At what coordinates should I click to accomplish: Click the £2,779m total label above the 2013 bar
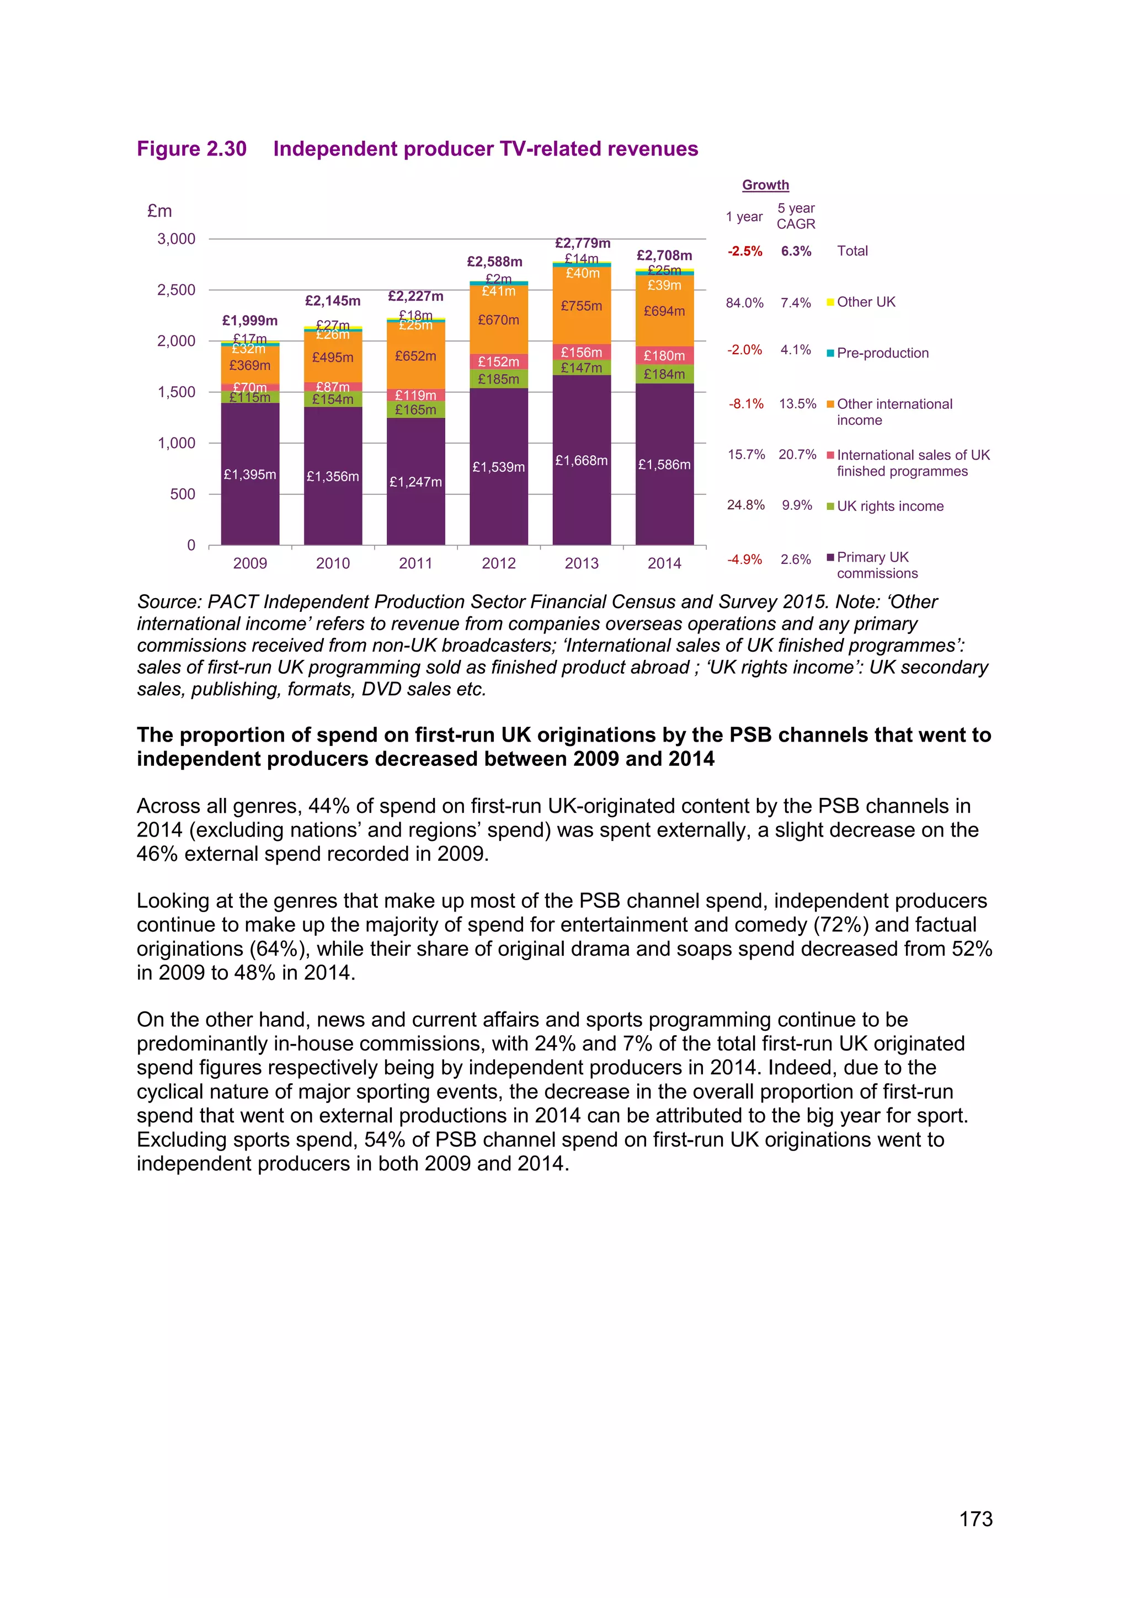(x=583, y=243)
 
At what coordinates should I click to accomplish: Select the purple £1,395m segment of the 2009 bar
(x=250, y=474)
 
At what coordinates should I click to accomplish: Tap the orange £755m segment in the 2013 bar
(x=582, y=306)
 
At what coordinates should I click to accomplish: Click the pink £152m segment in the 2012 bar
(x=498, y=362)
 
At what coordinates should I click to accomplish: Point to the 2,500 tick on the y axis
(x=176, y=290)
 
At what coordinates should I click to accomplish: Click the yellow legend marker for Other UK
(x=830, y=302)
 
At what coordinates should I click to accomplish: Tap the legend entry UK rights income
(x=890, y=506)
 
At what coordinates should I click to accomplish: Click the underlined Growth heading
(x=765, y=185)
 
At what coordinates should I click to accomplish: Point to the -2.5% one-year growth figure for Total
(x=744, y=251)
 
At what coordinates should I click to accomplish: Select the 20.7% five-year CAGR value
(x=797, y=455)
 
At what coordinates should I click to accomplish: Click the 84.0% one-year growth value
(x=744, y=303)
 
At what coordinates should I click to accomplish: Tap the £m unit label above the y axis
(x=159, y=211)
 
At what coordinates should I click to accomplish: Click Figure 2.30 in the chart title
(x=191, y=149)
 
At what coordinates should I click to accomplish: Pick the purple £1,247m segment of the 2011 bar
(x=415, y=482)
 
